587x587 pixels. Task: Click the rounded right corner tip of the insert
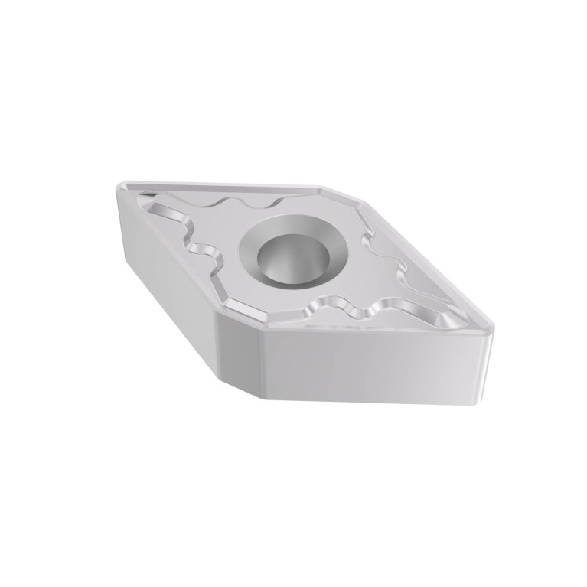point(491,330)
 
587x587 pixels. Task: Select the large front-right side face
point(375,367)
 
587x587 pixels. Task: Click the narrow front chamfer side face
point(240,348)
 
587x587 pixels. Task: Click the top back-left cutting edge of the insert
point(222,183)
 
